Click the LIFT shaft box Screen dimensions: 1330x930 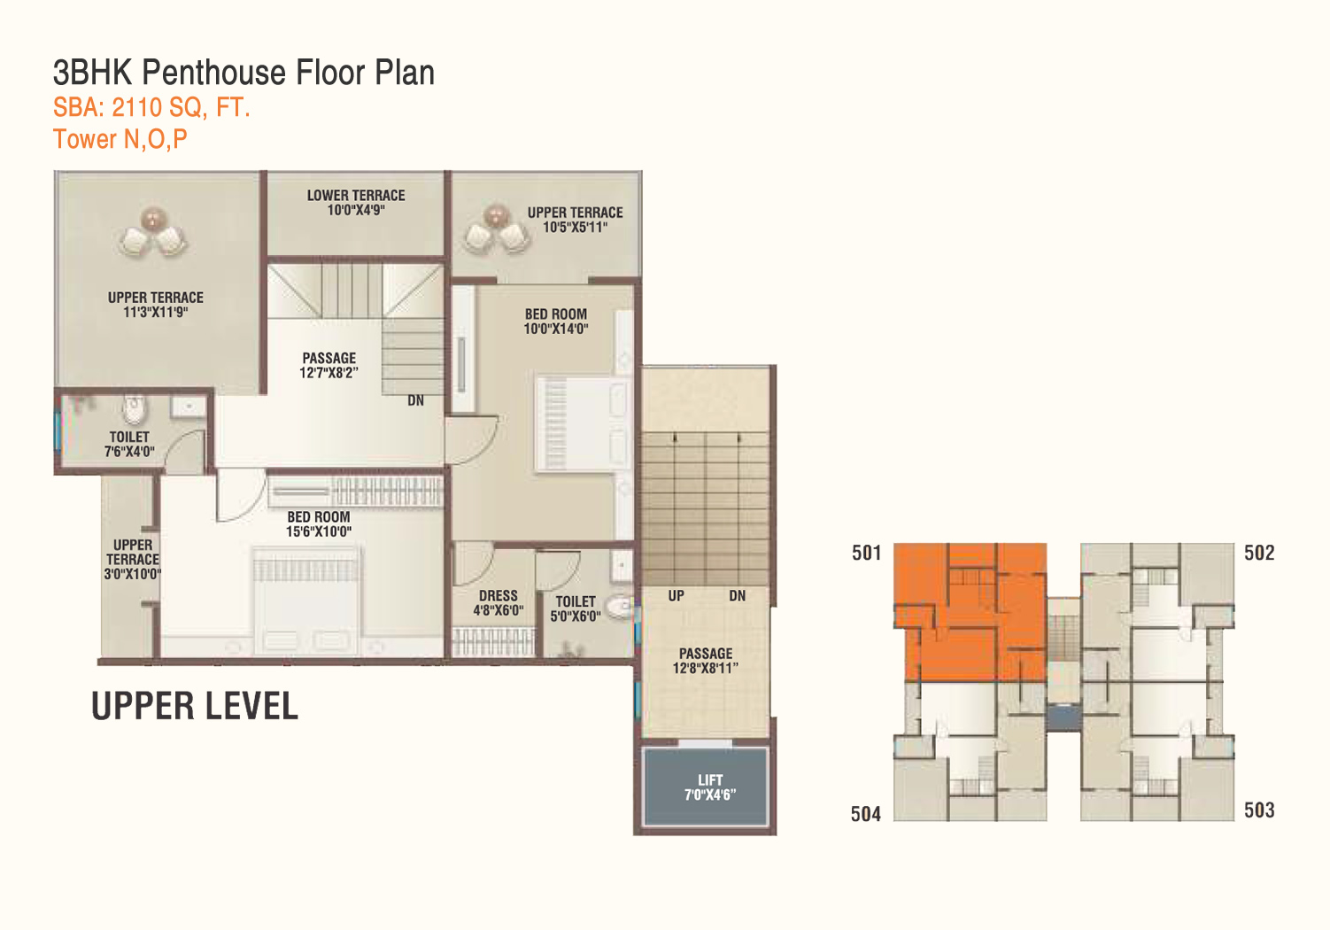coord(706,787)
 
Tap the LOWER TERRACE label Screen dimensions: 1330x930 coord(356,196)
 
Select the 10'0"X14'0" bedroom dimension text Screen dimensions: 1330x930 coord(556,329)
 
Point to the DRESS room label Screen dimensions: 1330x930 coord(499,596)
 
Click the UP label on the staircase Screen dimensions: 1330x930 coord(677,596)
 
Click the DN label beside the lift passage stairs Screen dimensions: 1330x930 coord(738,596)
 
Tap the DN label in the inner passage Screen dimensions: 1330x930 coord(415,401)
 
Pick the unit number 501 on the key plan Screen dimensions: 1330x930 coord(866,553)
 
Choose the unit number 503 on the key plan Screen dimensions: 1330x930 coord(1259,810)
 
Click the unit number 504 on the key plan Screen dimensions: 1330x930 coord(866,814)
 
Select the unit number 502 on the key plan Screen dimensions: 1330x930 coord(1259,553)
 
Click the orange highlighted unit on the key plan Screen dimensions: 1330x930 coord(970,612)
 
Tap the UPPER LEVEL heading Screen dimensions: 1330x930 coord(195,706)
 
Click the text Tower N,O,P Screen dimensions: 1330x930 coord(120,139)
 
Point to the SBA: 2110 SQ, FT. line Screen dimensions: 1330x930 coord(151,107)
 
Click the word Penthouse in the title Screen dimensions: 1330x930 coord(213,73)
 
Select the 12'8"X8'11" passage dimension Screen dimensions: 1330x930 coord(706,668)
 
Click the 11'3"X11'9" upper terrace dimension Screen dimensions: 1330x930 coord(156,313)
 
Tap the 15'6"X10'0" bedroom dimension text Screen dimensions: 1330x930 coord(319,531)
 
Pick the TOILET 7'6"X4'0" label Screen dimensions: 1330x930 coord(129,445)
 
